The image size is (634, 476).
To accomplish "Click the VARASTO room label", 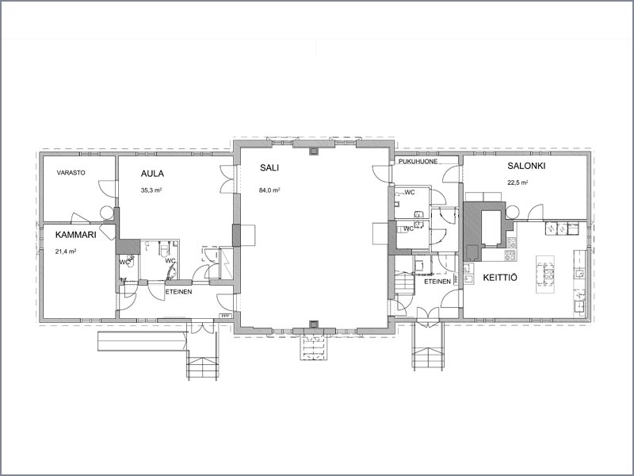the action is (x=71, y=173).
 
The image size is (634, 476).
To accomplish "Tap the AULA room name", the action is (x=152, y=174).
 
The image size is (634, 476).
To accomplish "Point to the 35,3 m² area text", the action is (x=151, y=190).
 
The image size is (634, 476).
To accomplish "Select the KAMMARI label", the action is (x=76, y=235).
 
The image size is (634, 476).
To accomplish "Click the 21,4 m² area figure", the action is (x=66, y=251).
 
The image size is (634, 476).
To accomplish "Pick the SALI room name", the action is (x=269, y=168).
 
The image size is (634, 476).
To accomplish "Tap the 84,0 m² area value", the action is (x=269, y=190).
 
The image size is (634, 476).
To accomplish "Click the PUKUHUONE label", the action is (x=418, y=162).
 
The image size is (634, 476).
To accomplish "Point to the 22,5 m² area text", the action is (x=518, y=182).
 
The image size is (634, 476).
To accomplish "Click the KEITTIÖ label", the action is (x=500, y=278).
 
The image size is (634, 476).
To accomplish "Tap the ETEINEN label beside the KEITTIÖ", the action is (x=437, y=282).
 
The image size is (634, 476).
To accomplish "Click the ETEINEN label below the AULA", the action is (x=179, y=292).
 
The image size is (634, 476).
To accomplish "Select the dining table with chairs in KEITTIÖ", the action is (x=545, y=274).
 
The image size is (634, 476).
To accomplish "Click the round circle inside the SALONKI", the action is (x=512, y=212).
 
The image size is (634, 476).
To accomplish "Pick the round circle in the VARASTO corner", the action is (x=107, y=213).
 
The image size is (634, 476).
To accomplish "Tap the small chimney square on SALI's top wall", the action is (x=314, y=152).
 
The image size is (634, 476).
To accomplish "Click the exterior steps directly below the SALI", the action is (x=313, y=347).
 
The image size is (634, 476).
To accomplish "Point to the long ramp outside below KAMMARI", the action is (x=143, y=341).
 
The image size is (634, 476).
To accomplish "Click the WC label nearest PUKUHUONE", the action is (x=410, y=193).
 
